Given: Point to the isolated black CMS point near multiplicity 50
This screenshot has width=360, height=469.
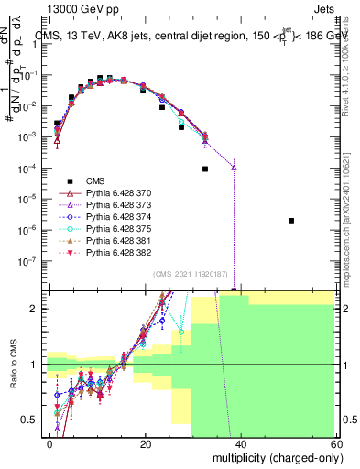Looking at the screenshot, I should (x=290, y=221).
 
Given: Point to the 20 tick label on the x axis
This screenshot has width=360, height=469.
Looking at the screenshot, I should (x=146, y=444).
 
